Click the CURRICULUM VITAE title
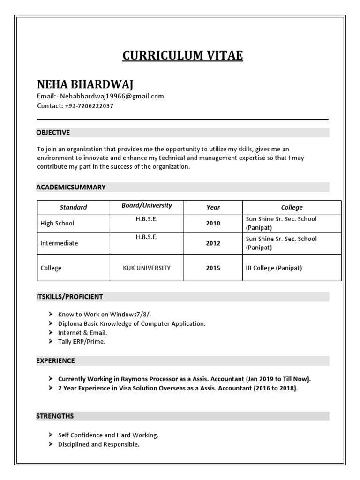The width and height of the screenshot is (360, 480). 183,56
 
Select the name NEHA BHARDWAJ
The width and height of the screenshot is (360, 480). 85,84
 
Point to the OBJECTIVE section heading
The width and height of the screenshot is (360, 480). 53,133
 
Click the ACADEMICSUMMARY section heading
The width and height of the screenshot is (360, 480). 71,187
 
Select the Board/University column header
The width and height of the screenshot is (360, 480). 147,206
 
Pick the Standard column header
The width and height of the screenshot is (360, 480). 73,207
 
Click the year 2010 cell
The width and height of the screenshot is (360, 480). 213,224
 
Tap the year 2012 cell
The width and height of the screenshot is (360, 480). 213,244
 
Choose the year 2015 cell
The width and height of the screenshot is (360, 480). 213,268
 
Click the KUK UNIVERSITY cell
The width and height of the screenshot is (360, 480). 147,268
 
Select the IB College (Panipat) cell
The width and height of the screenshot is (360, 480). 274,268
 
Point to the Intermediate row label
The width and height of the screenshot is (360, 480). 60,244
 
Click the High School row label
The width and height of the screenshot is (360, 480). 57,224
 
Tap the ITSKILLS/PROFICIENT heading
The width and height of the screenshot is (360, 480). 69,297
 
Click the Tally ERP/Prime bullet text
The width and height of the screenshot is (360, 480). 82,342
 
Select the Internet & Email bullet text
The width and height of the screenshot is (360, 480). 82,333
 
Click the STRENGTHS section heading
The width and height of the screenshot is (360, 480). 55,416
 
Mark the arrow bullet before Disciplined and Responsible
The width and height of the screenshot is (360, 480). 50,444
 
